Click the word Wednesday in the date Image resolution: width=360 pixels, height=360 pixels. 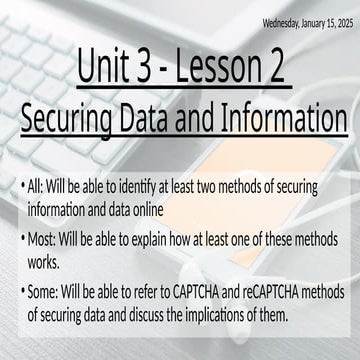tap(284, 21)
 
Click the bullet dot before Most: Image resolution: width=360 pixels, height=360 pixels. tap(22, 239)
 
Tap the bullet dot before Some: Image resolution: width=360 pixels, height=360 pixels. tap(22, 291)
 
